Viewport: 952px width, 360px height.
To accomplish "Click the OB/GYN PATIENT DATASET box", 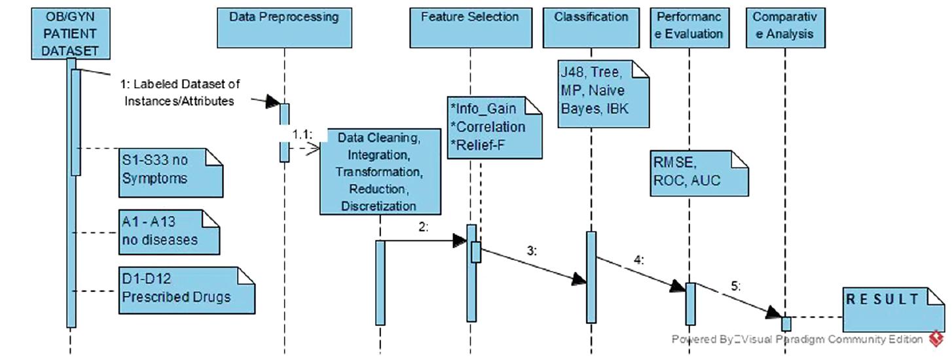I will point(70,33).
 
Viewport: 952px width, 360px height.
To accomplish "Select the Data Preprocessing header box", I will point(284,27).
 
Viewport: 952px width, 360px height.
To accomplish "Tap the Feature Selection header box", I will point(469,27).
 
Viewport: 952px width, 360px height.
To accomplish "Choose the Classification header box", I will point(591,27).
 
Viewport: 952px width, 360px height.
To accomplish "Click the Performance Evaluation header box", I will point(689,27).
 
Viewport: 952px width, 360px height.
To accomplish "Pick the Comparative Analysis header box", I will point(784,27).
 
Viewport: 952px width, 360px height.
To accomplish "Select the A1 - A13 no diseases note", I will point(168,232).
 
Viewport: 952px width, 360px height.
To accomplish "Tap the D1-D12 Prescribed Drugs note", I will point(185,289).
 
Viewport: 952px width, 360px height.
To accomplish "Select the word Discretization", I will point(379,206).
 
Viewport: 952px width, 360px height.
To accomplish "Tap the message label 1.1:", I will point(303,134).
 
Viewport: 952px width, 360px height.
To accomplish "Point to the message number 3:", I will point(532,250).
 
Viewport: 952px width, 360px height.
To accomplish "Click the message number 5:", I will point(736,286).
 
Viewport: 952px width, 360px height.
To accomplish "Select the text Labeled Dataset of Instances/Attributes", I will point(179,92).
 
